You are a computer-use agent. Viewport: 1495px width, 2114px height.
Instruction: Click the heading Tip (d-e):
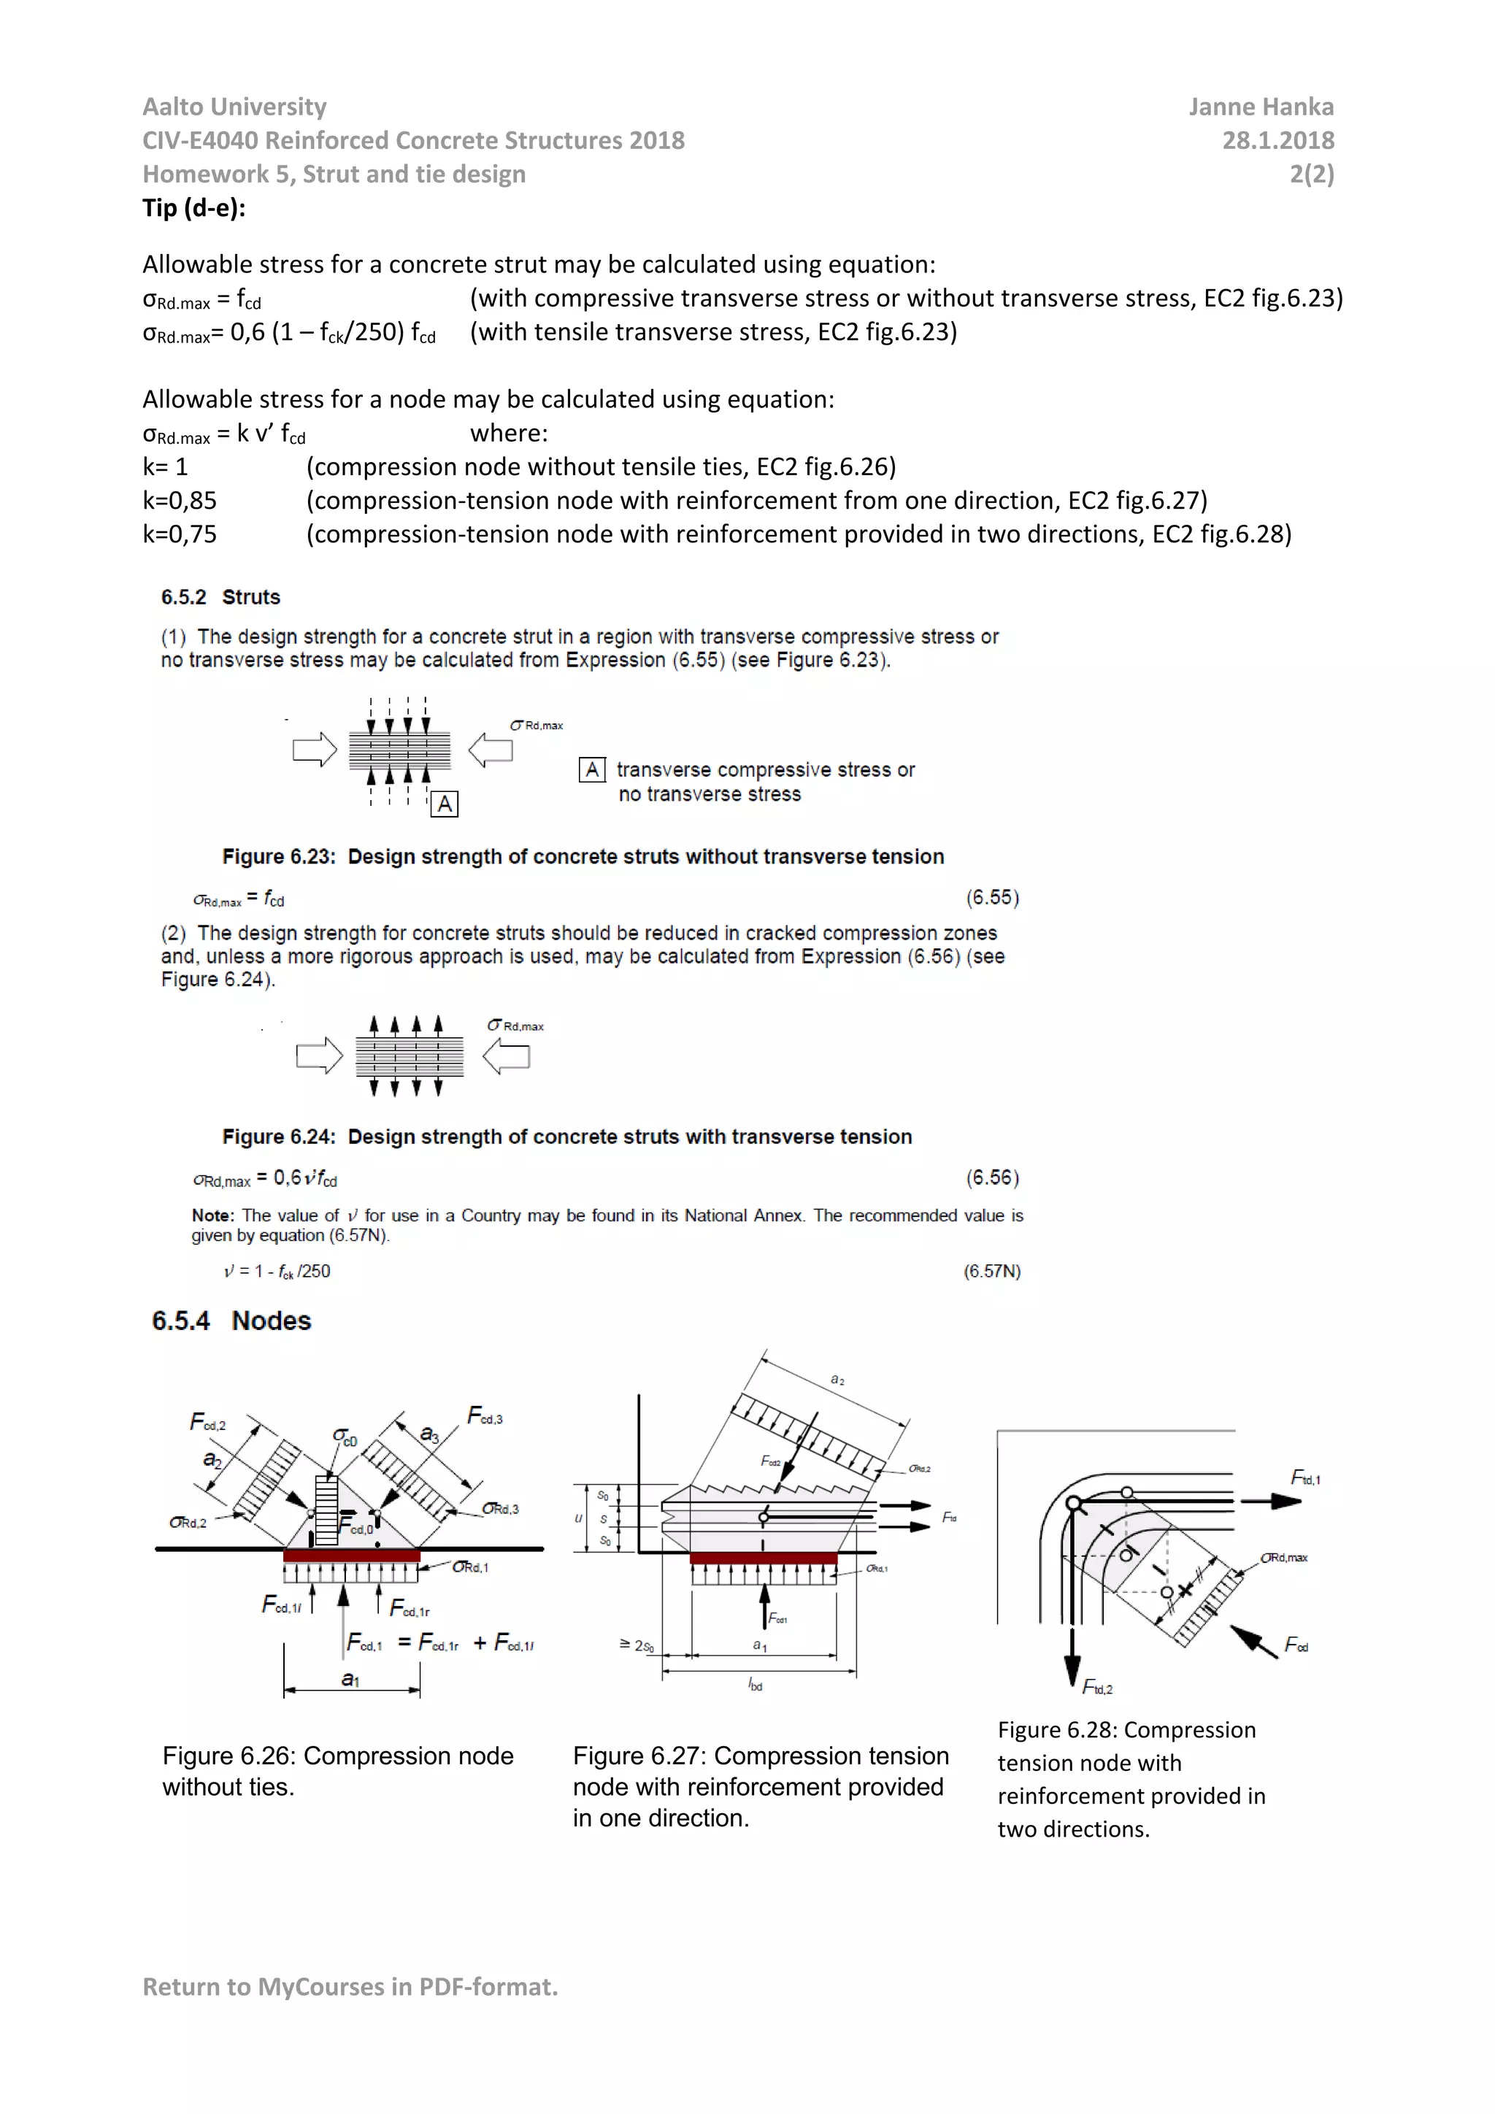pos(193,208)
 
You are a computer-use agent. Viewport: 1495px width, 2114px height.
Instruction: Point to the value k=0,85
pos(180,501)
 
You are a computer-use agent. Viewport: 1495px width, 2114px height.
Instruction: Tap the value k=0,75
pos(180,535)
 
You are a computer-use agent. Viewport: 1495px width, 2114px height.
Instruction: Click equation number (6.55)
pos(991,898)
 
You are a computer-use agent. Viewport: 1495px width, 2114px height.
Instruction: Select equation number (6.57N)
pos(991,1272)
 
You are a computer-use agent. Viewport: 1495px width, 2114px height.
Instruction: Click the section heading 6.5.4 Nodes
pos(231,1321)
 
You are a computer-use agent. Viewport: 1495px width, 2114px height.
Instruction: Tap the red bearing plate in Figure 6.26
pos(352,1555)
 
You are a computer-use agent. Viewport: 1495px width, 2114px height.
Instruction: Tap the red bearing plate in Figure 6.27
pos(763,1558)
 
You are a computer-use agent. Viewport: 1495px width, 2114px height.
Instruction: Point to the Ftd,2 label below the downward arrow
pos(1096,1688)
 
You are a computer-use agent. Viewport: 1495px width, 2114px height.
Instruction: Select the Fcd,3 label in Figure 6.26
pos(485,1416)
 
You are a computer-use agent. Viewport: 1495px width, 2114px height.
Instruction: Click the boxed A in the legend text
pos(592,769)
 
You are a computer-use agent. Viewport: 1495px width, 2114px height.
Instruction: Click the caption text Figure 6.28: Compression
pos(1126,1730)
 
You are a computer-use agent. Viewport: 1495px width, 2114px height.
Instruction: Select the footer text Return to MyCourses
pos(350,1987)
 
